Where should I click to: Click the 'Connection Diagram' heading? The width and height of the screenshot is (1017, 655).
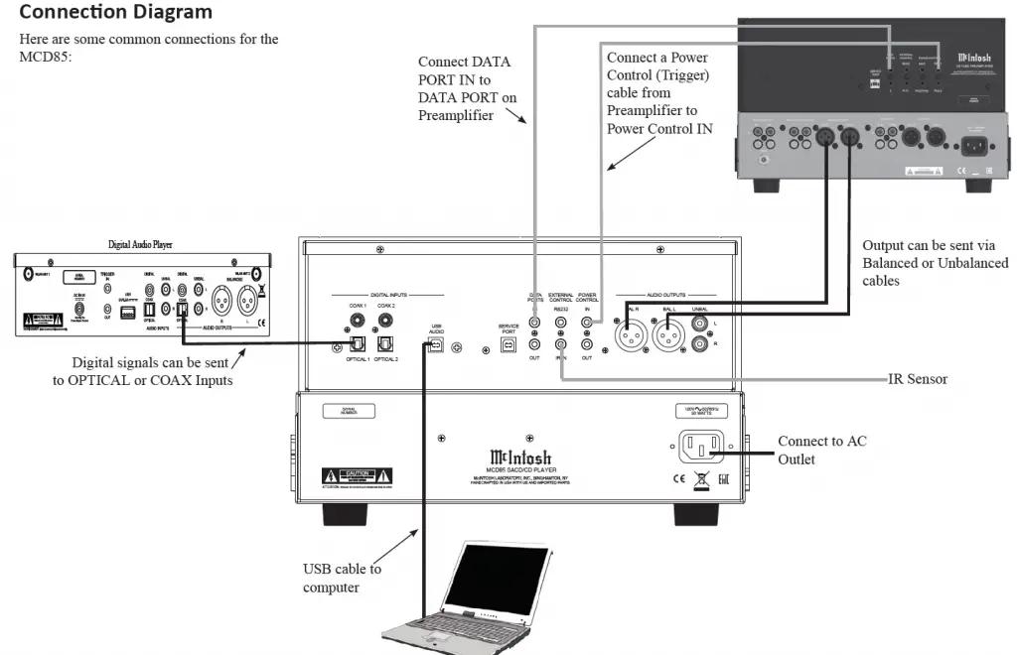tap(116, 13)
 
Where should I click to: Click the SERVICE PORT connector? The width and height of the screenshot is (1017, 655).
tap(508, 345)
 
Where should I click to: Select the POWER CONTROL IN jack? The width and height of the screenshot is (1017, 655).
tap(587, 321)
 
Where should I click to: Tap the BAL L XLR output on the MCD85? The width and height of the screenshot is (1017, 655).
tap(667, 337)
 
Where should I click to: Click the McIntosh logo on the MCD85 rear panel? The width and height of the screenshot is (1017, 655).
tap(513, 458)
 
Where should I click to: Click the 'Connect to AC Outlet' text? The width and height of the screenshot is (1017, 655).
tap(821, 450)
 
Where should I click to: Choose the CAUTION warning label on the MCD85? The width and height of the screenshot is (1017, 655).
tap(357, 475)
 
